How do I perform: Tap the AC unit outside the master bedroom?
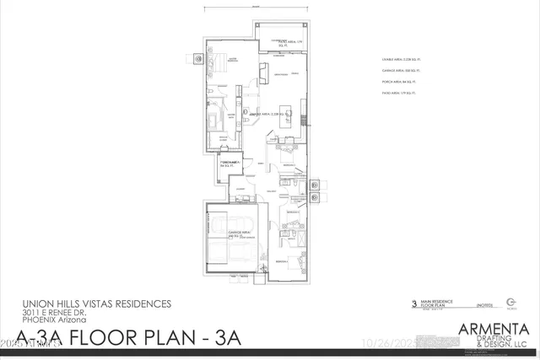click(199, 59)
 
